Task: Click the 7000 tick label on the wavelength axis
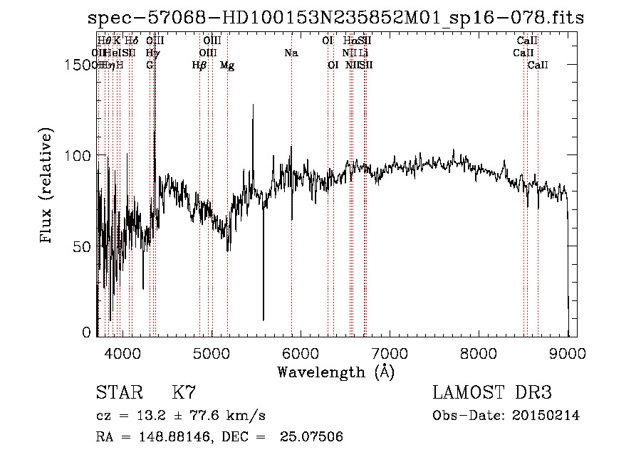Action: pos(390,352)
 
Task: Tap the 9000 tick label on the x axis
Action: pos(568,352)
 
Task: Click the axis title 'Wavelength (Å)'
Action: pos(335,371)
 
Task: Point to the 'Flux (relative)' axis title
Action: pos(48,187)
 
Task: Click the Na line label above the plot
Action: pos(291,53)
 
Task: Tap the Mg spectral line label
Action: pos(227,65)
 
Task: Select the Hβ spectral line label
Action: pos(199,65)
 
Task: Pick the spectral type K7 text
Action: pos(184,392)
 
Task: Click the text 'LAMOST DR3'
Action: pos(492,392)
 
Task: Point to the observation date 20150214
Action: pos(548,416)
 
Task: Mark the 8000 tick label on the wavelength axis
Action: pos(479,352)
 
